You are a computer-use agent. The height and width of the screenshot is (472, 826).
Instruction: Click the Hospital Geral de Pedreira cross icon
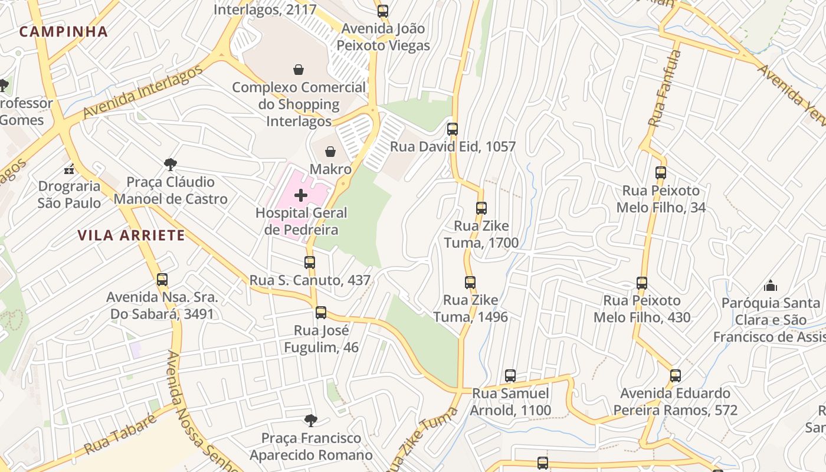pyautogui.click(x=301, y=195)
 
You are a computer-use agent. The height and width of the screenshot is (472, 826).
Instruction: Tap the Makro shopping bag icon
pyautogui.click(x=330, y=152)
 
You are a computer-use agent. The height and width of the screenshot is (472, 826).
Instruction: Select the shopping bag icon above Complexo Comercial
pyautogui.click(x=299, y=70)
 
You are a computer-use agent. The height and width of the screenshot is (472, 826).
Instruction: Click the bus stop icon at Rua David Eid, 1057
pyautogui.click(x=453, y=129)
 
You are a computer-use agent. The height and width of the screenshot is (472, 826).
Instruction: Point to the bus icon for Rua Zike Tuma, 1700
pyautogui.click(x=481, y=208)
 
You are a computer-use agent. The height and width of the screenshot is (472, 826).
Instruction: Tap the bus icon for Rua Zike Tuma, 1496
pyautogui.click(x=470, y=283)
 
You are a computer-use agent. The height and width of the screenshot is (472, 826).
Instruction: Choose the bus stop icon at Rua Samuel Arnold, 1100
pyautogui.click(x=510, y=376)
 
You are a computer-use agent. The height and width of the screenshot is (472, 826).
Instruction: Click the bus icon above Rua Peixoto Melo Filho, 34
pyautogui.click(x=661, y=173)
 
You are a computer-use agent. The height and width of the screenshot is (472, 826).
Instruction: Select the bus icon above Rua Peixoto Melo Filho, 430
pyautogui.click(x=642, y=283)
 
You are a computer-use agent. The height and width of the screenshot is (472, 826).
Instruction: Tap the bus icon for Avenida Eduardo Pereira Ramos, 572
pyautogui.click(x=676, y=376)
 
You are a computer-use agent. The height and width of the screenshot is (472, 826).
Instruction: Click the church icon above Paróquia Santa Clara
pyautogui.click(x=771, y=286)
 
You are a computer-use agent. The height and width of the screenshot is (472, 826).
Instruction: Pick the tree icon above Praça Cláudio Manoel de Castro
pyautogui.click(x=171, y=164)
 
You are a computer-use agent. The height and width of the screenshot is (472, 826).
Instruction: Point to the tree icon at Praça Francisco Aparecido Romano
pyautogui.click(x=311, y=421)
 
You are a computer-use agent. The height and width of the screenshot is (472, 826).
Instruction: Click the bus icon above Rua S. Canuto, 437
pyautogui.click(x=310, y=263)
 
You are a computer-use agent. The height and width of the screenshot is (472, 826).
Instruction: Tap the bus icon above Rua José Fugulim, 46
pyautogui.click(x=321, y=313)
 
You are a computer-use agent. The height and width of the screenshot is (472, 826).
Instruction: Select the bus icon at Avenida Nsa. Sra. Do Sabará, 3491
pyautogui.click(x=162, y=280)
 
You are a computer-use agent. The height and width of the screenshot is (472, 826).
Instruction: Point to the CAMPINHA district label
pyautogui.click(x=64, y=32)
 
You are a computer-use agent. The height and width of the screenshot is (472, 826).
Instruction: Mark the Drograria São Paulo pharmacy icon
pyautogui.click(x=70, y=169)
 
